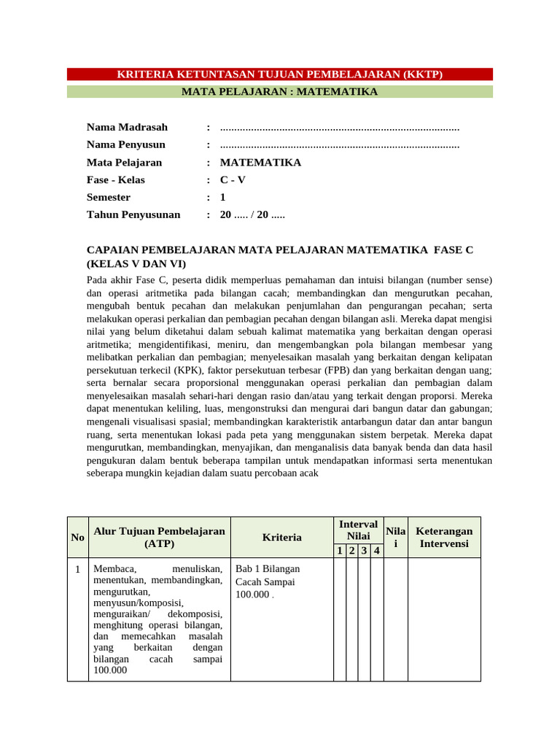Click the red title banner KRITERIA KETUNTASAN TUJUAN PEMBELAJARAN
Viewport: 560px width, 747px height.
(280, 74)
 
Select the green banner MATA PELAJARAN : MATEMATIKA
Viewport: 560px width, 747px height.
(280, 92)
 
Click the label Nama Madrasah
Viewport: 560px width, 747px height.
(127, 128)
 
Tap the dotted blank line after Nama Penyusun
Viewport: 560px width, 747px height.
(339, 145)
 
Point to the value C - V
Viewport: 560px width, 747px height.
(233, 180)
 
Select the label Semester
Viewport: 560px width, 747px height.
(109, 198)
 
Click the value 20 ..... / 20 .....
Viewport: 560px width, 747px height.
(252, 215)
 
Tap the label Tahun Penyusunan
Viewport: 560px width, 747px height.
(133, 215)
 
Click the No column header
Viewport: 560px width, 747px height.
(77, 538)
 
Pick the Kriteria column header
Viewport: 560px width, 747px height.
(281, 538)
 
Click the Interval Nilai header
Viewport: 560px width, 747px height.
(358, 530)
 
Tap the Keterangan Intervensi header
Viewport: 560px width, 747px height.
(443, 538)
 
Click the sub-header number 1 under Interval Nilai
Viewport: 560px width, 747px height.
(340, 551)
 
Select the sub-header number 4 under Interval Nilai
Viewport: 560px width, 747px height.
(376, 551)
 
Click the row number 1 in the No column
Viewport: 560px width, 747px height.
(77, 569)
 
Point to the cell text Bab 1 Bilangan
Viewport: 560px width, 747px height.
(267, 569)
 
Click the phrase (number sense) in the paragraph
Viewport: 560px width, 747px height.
(459, 280)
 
